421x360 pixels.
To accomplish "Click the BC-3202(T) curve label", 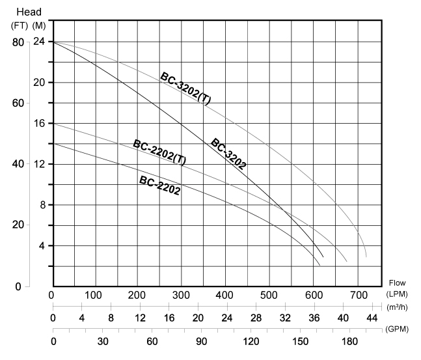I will (x=185, y=89).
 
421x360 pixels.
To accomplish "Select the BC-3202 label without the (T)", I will (x=228, y=154).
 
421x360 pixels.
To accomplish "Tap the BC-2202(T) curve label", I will (x=159, y=152).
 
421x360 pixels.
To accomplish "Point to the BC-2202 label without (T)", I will (x=159, y=186).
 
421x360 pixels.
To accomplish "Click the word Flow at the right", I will (x=397, y=283).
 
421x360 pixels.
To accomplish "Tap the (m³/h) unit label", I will (x=398, y=307).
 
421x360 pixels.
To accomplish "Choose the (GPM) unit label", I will (x=397, y=329).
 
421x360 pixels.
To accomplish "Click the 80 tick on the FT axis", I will (x=18, y=42).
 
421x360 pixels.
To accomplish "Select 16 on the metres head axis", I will (x=39, y=123).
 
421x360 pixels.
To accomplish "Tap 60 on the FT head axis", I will (x=18, y=103).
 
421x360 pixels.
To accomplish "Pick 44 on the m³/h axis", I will (x=372, y=318).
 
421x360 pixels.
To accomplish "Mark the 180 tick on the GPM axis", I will (x=348, y=341).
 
